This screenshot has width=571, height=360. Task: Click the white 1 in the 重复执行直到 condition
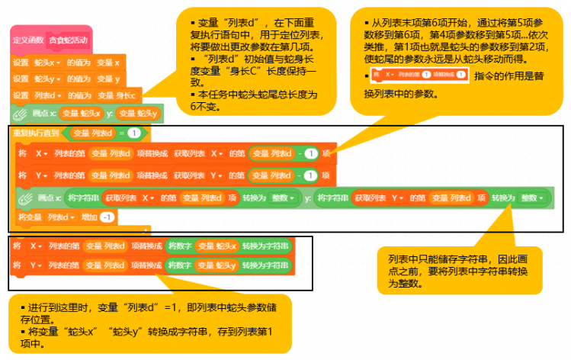click(x=133, y=133)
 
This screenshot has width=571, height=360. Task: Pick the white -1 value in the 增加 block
click(x=107, y=217)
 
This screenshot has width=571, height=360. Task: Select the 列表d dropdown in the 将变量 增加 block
click(x=60, y=217)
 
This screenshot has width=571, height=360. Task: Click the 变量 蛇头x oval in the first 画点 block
click(x=80, y=114)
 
